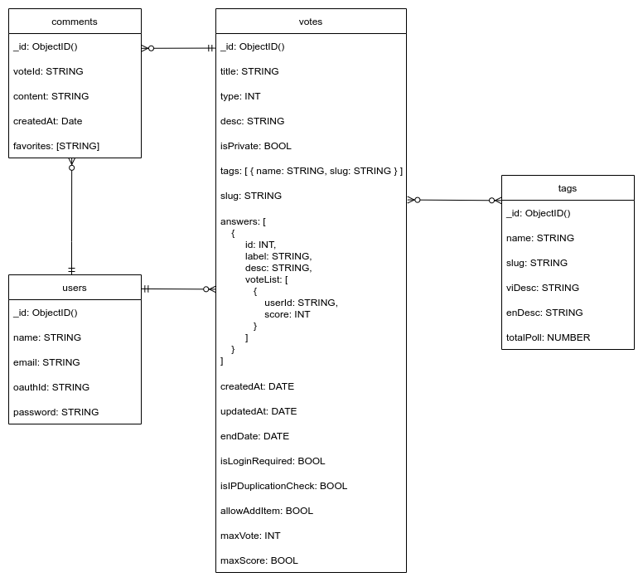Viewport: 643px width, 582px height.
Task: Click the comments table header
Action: [x=75, y=22]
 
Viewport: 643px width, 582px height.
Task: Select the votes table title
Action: [x=311, y=22]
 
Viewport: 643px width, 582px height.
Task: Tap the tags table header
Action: [x=568, y=188]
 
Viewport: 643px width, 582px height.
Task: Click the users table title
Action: [x=75, y=288]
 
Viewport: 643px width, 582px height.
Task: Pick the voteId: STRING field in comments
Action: [x=48, y=71]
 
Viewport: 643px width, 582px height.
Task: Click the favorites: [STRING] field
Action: [x=56, y=146]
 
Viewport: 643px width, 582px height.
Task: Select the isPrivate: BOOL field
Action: [x=256, y=146]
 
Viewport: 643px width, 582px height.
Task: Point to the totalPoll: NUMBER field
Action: [x=549, y=337]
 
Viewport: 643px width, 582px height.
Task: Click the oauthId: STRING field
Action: [x=51, y=387]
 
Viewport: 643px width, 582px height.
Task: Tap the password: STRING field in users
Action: [x=56, y=412]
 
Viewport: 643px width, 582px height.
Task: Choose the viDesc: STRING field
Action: [x=543, y=288]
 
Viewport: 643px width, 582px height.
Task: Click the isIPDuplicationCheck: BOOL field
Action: [x=283, y=486]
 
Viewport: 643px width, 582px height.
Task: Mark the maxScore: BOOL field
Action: [x=259, y=560]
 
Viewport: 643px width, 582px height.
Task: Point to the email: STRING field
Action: [x=46, y=362]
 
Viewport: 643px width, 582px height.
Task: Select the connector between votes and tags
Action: [x=454, y=200]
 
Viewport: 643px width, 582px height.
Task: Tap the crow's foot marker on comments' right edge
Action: [x=146, y=48]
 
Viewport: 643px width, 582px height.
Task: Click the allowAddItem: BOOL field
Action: [x=267, y=511]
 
